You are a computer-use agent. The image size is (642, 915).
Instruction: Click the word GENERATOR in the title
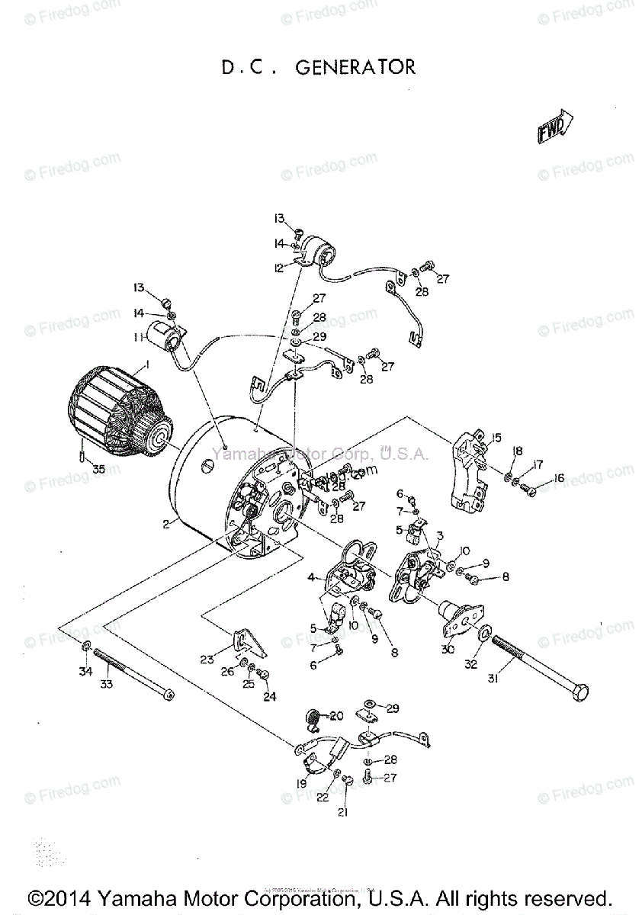355,68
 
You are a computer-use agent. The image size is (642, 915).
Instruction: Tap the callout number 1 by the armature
147,365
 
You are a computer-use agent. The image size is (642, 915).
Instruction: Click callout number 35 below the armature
98,469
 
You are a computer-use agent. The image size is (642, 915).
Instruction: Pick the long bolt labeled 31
541,670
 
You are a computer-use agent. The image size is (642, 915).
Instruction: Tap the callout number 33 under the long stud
107,685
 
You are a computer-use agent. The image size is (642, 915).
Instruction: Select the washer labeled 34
86,648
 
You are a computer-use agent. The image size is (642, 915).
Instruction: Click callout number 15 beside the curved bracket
496,437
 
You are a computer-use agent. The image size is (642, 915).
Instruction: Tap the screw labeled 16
527,490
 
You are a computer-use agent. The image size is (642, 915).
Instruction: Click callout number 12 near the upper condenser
279,268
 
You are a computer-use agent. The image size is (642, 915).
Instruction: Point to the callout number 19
301,783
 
